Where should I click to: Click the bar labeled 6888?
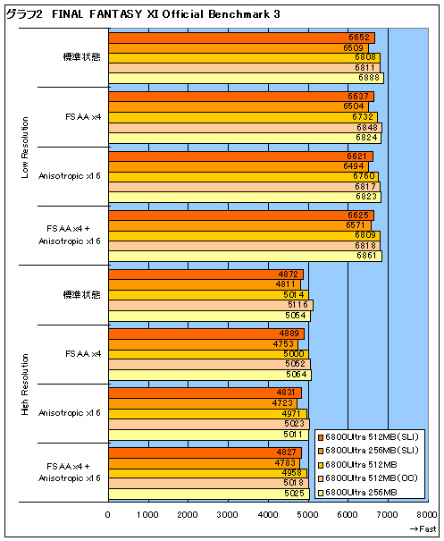point(247,78)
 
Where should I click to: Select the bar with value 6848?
point(246,128)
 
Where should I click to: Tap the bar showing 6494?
point(239,166)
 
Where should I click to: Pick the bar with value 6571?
point(240,225)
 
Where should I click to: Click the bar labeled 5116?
point(211,305)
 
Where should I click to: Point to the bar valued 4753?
point(204,344)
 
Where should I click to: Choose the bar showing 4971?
point(208,414)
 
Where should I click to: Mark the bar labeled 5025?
point(209,494)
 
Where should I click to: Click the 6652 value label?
point(359,38)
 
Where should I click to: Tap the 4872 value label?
point(289,275)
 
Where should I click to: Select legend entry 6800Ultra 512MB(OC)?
point(367,478)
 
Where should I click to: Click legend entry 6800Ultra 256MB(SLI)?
point(368,451)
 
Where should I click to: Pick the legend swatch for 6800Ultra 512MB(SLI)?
point(321,437)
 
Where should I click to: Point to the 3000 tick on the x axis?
point(227,515)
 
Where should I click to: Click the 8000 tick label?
point(427,515)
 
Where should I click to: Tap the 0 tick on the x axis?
point(108,515)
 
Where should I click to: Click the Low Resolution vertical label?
point(25,148)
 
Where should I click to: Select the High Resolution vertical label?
point(25,385)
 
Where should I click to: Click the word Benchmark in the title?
point(239,14)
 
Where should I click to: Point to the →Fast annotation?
point(423,528)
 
